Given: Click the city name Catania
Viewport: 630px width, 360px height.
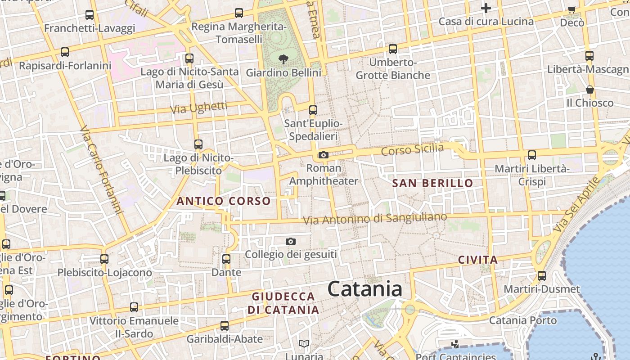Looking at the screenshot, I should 364,288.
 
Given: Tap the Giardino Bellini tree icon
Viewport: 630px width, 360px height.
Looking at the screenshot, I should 283,59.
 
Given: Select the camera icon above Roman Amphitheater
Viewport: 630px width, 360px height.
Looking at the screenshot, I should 323,155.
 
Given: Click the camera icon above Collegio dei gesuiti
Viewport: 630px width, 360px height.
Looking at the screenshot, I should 291,242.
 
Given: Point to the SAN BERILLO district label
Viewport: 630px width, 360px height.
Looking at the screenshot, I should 432,183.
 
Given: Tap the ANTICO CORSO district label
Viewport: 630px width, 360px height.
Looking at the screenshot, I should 224,201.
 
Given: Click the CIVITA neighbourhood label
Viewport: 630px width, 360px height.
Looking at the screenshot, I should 478,260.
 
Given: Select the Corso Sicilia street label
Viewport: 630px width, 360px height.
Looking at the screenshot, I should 412,149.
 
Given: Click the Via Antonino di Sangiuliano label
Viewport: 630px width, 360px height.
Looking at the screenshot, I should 375,219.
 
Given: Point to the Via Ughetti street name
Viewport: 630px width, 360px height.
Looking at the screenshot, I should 198,108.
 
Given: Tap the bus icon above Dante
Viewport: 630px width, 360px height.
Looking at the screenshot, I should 226,259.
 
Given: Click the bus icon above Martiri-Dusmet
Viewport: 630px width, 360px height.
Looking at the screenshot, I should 542,276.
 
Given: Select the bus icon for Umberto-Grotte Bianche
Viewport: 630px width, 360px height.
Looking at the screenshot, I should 393,49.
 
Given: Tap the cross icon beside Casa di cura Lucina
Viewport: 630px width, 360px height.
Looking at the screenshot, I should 486,8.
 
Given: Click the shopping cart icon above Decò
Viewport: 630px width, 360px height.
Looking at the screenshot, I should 572,9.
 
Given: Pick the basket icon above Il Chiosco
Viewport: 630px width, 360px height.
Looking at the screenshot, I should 590,90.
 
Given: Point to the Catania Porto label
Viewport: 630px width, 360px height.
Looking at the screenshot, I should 522,320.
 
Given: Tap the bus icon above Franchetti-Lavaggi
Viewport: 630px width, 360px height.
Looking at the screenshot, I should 90,15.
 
